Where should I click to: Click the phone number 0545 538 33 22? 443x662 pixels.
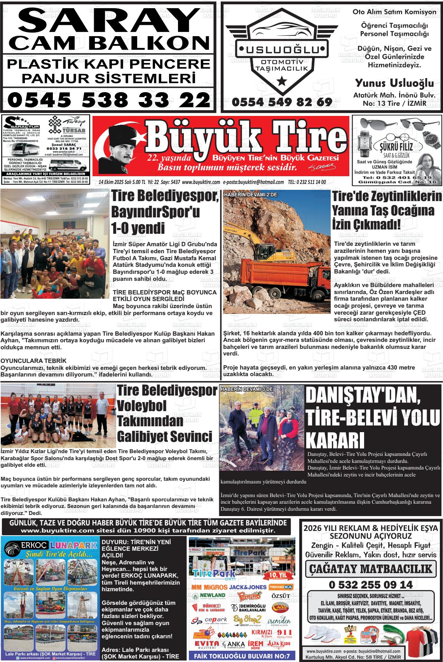point(108,100)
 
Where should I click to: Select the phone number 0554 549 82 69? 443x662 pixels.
point(282,102)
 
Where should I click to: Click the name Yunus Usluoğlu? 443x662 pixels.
point(394,83)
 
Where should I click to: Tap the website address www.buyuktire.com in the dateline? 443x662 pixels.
point(201,182)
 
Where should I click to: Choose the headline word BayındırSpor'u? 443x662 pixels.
point(155,212)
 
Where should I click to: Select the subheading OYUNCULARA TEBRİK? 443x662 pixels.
point(33,361)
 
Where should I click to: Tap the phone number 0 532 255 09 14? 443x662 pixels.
point(370,585)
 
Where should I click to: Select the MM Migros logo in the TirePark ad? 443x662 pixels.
point(209,587)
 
